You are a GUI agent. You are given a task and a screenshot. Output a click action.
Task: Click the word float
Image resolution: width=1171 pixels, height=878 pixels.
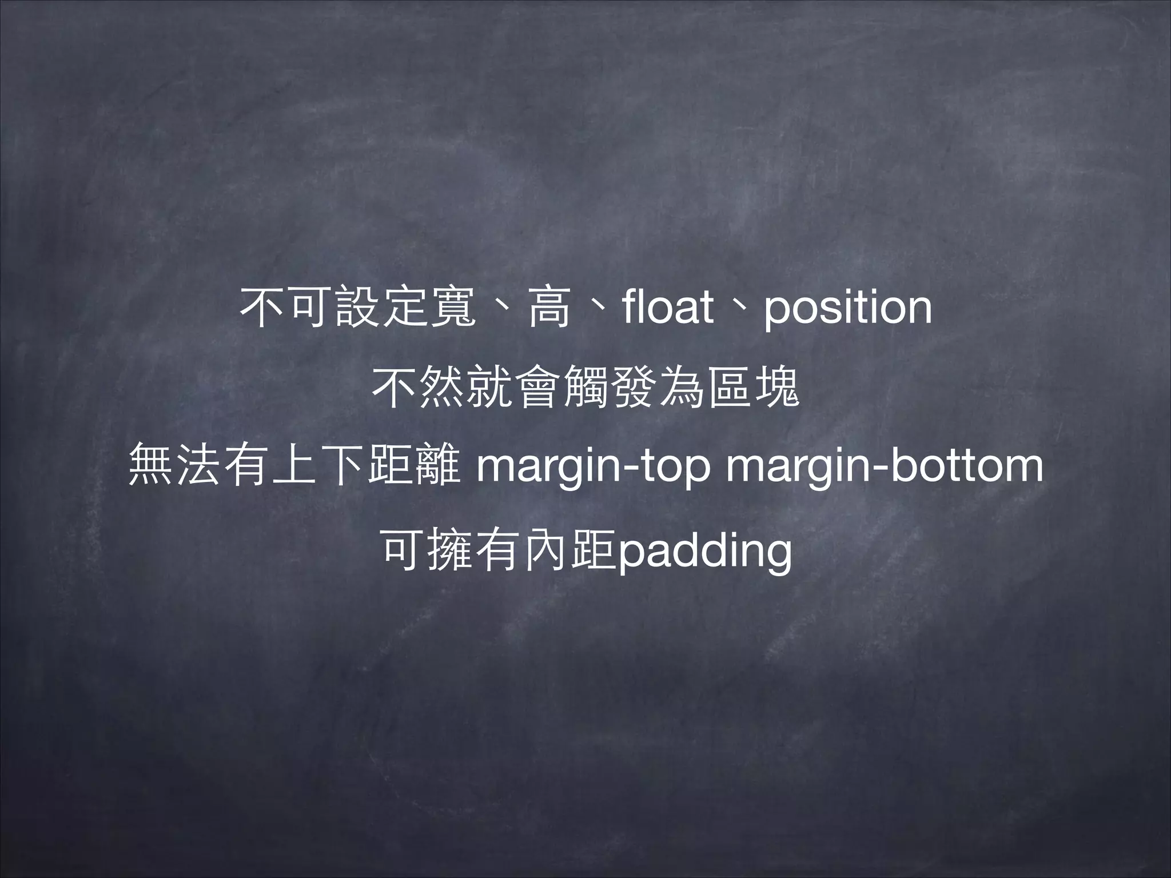click(669, 307)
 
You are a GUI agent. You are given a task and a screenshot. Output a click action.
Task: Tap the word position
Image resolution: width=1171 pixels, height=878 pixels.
click(848, 309)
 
